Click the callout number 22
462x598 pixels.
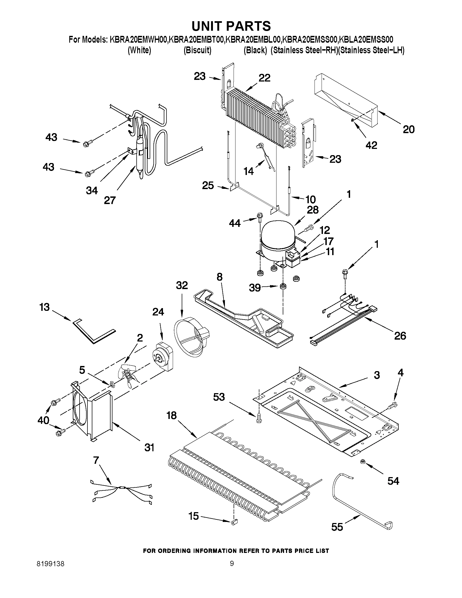tap(264, 78)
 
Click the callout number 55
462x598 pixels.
tap(337, 527)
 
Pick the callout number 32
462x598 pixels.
tap(182, 285)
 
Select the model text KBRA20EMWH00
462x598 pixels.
tap(138, 40)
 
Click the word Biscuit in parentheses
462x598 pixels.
tap(197, 50)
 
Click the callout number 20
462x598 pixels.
tap(408, 129)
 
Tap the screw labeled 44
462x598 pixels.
tap(259, 217)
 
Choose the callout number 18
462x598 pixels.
tap(172, 415)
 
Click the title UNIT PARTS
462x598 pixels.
tap(231, 26)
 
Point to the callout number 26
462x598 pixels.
tap(400, 336)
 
